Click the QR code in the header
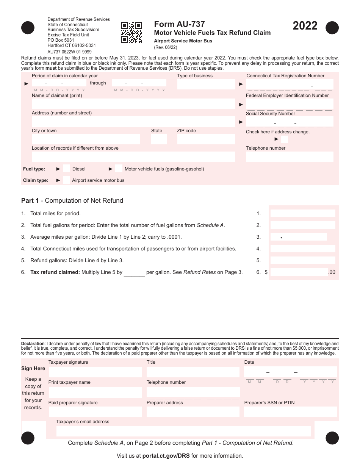(x=131, y=32)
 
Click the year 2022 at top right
(x=305, y=26)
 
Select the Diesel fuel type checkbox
(x=66, y=169)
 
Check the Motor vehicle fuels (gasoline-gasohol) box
(x=119, y=169)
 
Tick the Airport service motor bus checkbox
(x=66, y=180)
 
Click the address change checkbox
(x=285, y=139)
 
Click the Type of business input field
(x=206, y=84)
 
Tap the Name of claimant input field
(x=133, y=104)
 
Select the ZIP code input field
(x=206, y=139)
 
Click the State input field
(x=159, y=139)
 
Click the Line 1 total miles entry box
(x=303, y=213)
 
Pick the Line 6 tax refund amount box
(x=299, y=272)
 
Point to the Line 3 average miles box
(x=299, y=237)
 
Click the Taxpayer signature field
(x=95, y=372)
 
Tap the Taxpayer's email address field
(x=183, y=431)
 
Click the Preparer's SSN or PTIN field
(x=290, y=412)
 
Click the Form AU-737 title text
(x=180, y=24)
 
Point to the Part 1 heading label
(x=72, y=200)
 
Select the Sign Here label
(x=33, y=368)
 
